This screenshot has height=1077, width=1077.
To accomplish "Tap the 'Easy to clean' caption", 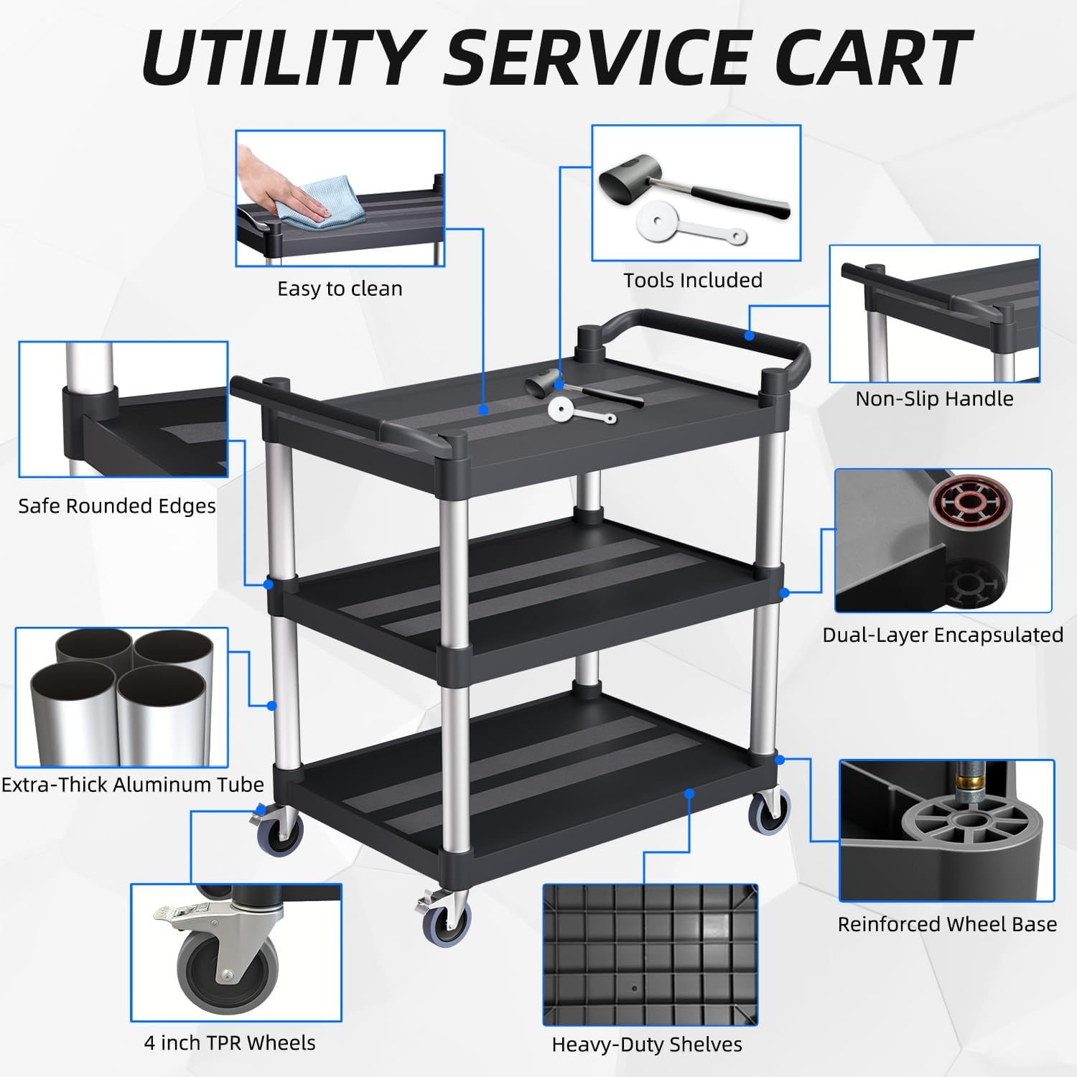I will coord(340,289).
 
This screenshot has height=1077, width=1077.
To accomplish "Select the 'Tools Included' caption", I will coord(693,281).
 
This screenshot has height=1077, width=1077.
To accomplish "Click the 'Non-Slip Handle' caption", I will coord(934,398).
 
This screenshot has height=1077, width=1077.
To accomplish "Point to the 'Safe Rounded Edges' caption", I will coord(117,506).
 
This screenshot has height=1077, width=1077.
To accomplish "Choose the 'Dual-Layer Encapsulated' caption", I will coord(943,635).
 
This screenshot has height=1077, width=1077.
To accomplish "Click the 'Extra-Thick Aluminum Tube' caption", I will coord(133,784).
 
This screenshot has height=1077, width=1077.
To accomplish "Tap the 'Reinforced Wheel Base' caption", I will coord(947,924).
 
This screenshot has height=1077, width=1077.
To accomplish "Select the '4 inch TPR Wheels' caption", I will coord(230,1043).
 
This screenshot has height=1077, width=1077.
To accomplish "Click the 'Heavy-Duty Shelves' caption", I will coord(647,1045).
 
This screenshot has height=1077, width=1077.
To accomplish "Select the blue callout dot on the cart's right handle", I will coord(749,335).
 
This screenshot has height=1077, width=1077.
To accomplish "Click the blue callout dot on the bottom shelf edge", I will coord(689,793).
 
